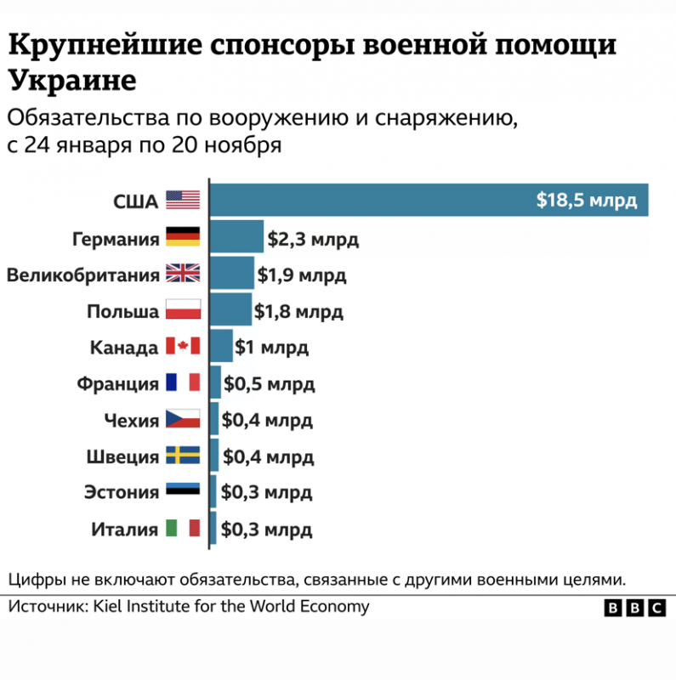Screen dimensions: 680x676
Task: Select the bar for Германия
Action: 236,236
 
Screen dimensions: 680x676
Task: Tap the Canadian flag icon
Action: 182,347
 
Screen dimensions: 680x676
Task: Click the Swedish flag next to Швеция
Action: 182,456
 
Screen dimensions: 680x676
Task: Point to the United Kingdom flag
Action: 182,274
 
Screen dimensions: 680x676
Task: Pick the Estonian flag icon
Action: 182,492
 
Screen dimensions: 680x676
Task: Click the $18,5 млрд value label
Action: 586,201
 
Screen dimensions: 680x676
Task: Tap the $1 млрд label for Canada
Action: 272,347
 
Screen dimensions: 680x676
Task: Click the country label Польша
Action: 122,311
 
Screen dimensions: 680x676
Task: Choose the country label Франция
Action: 117,383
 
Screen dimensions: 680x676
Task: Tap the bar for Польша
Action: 230,310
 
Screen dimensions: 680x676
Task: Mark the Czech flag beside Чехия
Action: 182,420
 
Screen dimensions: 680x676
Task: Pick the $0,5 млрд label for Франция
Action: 269,383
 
